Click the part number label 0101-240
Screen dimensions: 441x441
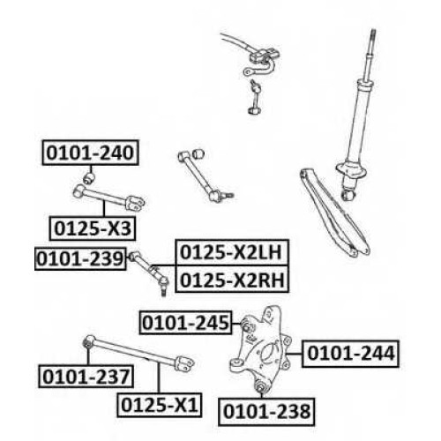tap(90, 153)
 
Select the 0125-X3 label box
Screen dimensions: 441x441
tap(93, 228)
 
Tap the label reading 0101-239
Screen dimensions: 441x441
tap(80, 258)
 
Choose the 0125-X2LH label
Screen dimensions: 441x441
tap(232, 252)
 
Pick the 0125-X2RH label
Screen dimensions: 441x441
tap(232, 280)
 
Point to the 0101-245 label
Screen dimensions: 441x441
tap(185, 323)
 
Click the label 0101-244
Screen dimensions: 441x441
tap(350, 354)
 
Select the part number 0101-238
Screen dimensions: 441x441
tap(266, 412)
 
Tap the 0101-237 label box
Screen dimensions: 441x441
tap(86, 377)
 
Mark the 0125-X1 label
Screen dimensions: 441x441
tap(160, 405)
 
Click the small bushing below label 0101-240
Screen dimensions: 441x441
tap(89, 178)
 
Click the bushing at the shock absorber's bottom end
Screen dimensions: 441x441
tap(348, 194)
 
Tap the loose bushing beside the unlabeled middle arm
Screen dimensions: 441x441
tap(198, 153)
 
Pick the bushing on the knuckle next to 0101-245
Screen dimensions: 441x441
tap(246, 325)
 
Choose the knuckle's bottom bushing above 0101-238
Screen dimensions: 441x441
tap(260, 387)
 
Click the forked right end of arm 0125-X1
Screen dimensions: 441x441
tap(184, 363)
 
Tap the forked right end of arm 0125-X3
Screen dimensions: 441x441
tap(135, 203)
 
